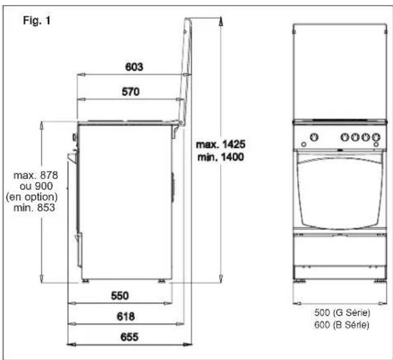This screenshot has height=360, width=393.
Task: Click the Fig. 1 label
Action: tap(37, 21)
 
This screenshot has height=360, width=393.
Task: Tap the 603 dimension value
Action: tap(134, 67)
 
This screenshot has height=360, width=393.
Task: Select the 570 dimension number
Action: tap(131, 91)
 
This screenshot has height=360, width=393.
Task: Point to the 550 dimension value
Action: tap(120, 296)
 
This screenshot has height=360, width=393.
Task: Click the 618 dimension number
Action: tap(126, 316)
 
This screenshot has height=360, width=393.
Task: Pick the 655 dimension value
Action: tap(129, 337)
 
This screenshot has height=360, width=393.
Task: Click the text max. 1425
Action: tap(221, 144)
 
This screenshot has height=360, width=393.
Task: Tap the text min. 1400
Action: tap(221, 157)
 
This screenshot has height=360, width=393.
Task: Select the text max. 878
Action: tap(35, 175)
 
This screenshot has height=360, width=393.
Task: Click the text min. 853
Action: tap(34, 208)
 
